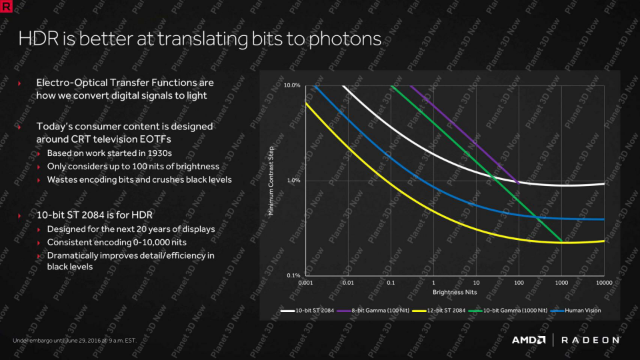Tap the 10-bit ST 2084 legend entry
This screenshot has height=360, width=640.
pos(307,311)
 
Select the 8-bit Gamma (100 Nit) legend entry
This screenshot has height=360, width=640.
pos(373,311)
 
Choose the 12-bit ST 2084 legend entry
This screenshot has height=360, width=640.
pos(439,311)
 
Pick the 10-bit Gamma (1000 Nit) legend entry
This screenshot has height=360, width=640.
pos(508,311)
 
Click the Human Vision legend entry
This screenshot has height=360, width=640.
pos(575,311)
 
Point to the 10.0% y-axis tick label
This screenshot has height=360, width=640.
pos(292,85)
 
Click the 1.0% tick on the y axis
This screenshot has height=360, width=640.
pos(293,181)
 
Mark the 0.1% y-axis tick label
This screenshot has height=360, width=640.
pos(293,275)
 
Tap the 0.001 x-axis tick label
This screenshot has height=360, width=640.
pos(305,283)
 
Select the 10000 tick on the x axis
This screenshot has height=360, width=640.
pos(604,283)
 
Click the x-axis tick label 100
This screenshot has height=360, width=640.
pos(519,283)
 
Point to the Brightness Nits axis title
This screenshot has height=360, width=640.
pos(455,292)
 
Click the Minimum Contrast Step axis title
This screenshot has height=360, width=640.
pos(271,181)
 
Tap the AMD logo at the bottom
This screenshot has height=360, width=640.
pos(529,340)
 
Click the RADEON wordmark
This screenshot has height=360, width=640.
pos(591,340)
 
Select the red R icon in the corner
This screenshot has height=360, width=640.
pos(6,6)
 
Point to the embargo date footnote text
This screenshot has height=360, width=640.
pos(74,341)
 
